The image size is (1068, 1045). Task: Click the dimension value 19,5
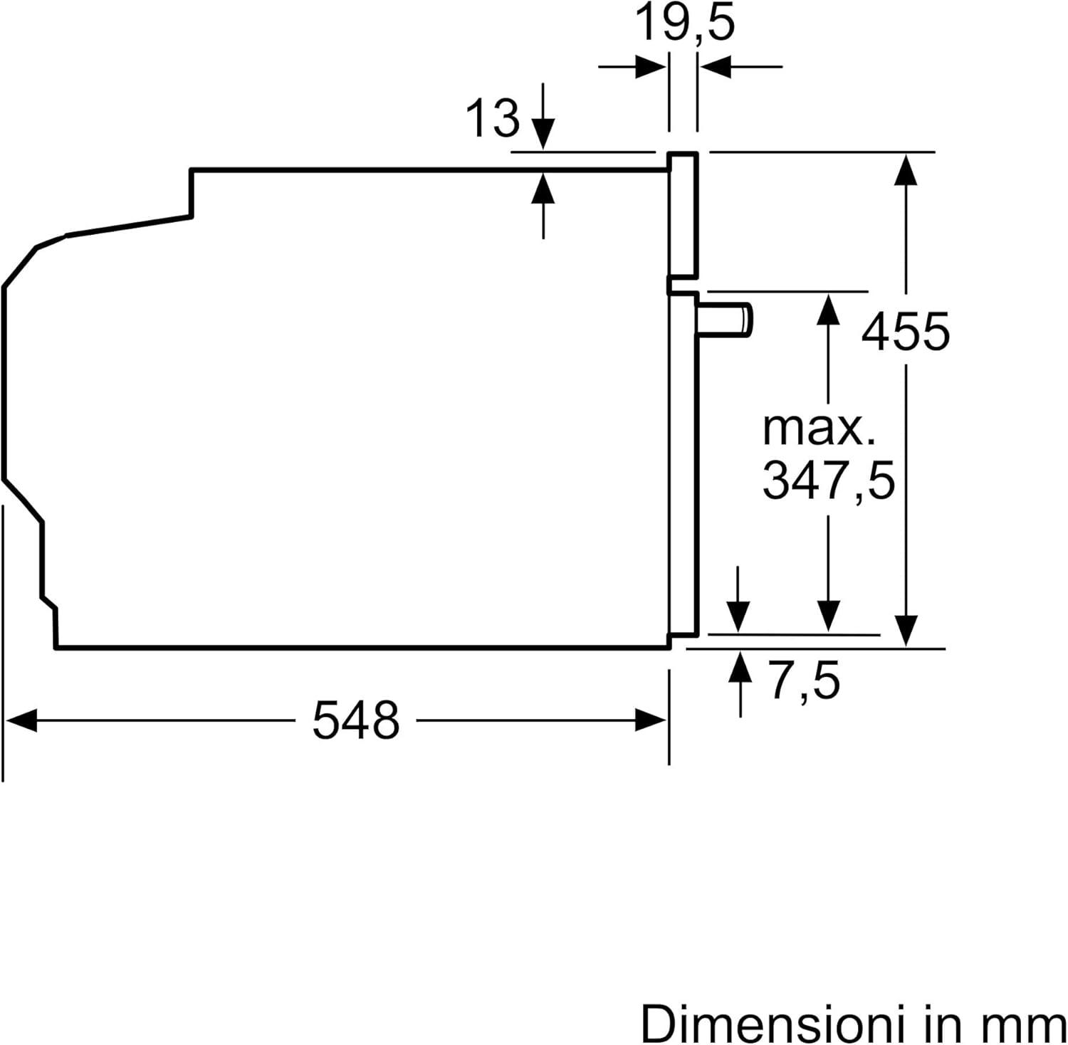tap(684, 23)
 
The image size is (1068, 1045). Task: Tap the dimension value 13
tap(492, 117)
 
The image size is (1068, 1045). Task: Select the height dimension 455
tap(905, 331)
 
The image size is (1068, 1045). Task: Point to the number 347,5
tap(828, 481)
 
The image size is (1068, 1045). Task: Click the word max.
tap(818, 429)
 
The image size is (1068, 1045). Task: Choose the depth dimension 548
tap(356, 720)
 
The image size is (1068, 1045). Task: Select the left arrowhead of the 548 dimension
tap(20, 720)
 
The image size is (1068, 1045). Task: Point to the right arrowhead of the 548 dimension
tap(651, 720)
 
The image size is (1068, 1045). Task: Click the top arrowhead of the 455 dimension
tap(905, 168)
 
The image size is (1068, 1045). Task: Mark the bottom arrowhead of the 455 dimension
tap(905, 632)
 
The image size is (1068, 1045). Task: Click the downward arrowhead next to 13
tap(543, 135)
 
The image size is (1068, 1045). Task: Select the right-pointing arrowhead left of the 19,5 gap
tap(651, 68)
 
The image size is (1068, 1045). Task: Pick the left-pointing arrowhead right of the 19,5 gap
tap(715, 68)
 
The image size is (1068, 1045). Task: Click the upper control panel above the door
tap(683, 215)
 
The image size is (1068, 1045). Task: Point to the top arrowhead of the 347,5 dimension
tap(828, 308)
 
